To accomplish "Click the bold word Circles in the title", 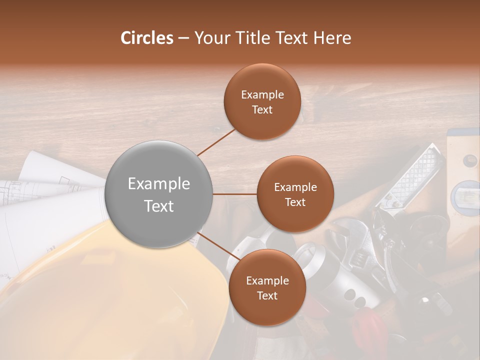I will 147,38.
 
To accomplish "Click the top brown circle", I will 262,101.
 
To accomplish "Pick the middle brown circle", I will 295,194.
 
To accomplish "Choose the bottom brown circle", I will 267,287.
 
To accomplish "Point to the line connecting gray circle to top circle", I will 216,141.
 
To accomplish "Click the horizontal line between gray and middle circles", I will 234,194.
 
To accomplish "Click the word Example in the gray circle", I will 159,183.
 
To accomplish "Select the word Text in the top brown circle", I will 262,109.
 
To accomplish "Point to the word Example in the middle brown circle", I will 295,187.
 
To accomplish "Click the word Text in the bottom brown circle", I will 267,295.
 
